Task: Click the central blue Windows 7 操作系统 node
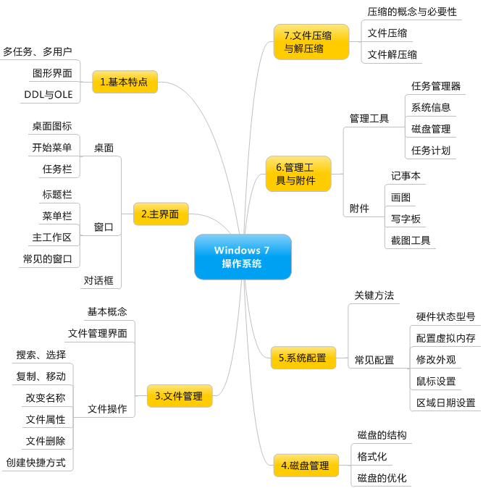243,256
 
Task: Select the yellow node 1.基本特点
125,82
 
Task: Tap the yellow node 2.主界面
161,214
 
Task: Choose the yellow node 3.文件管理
179,395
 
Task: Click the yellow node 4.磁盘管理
305,466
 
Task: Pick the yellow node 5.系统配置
303,357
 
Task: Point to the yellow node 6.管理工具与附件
298,174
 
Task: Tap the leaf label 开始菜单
51,148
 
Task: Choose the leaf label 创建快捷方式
36,462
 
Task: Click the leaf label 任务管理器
436,86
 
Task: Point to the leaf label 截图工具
411,240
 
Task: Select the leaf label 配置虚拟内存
445,337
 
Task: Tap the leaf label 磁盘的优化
382,478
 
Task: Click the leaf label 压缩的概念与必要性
412,12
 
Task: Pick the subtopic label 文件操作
107,408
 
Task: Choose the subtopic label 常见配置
374,359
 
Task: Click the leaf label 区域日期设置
445,403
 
